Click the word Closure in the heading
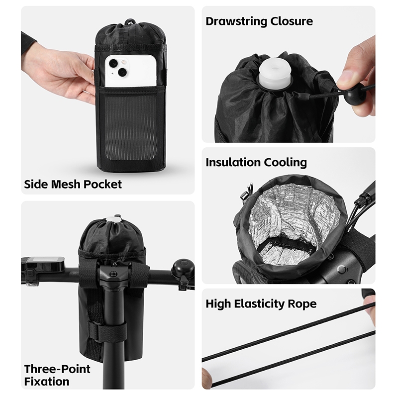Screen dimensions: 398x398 292,21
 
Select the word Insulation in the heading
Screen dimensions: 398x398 233,162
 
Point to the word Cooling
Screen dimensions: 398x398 285,163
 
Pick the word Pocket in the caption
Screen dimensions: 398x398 102,184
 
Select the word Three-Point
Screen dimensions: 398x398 57,369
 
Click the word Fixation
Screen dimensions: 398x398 47,382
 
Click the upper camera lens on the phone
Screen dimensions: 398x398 113,64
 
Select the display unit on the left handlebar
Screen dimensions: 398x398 43,265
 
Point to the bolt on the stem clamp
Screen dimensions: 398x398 113,274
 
